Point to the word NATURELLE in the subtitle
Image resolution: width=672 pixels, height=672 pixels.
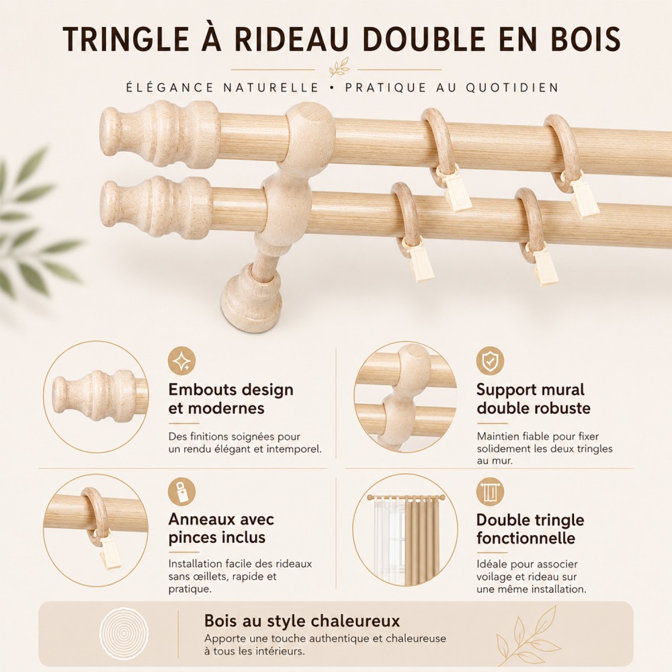pos(271,87)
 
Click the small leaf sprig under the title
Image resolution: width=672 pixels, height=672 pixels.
pos(339,67)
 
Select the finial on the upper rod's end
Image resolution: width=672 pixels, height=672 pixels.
pos(160,133)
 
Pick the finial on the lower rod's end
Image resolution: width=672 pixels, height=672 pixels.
pos(157,206)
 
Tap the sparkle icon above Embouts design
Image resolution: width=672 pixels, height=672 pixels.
pos(181,361)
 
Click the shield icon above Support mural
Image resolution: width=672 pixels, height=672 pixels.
pos(490,361)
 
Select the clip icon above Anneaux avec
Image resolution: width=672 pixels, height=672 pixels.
pos(181,492)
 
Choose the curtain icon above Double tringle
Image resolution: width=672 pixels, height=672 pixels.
pos(490,492)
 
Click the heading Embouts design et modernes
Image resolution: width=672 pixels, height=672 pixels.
pos(231,398)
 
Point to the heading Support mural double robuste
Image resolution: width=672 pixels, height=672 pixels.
pos(534,398)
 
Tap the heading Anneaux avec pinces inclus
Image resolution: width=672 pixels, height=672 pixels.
pos(221,528)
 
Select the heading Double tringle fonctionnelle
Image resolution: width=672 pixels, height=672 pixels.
pos(530,529)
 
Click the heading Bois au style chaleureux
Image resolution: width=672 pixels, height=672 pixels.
pos(302,620)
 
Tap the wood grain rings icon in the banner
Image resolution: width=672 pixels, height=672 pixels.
pos(124,633)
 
